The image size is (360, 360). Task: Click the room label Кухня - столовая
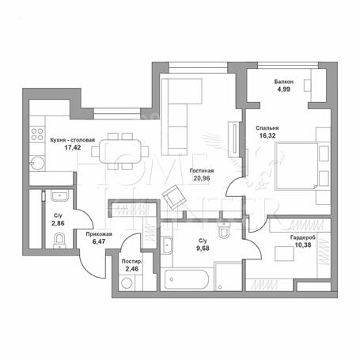click(73, 140)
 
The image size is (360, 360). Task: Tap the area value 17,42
click(73, 147)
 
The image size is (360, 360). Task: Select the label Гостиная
click(202, 171)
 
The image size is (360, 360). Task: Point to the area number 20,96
click(202, 178)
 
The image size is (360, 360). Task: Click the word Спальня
click(267, 128)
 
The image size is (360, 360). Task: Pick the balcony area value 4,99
click(283, 89)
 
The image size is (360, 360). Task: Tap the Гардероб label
click(303, 237)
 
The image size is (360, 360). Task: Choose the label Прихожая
click(99, 234)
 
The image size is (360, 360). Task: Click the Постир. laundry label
click(132, 262)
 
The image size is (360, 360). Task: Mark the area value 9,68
click(203, 248)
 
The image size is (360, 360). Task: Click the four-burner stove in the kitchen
click(37, 134)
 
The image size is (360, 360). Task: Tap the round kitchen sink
click(37, 163)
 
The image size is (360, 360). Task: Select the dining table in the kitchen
click(120, 152)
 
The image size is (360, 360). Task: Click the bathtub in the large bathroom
click(187, 279)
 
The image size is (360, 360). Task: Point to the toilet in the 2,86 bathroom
click(59, 241)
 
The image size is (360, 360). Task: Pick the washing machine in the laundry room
click(127, 283)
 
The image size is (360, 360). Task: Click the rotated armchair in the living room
click(174, 197)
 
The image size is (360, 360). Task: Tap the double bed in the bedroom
click(303, 165)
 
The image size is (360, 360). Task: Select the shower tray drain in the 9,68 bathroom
click(220, 287)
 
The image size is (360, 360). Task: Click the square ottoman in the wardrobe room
click(284, 254)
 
